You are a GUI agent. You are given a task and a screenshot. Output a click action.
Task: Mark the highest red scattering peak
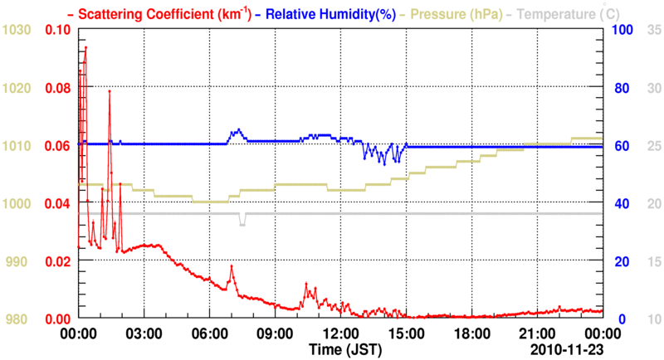(x=85, y=47)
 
